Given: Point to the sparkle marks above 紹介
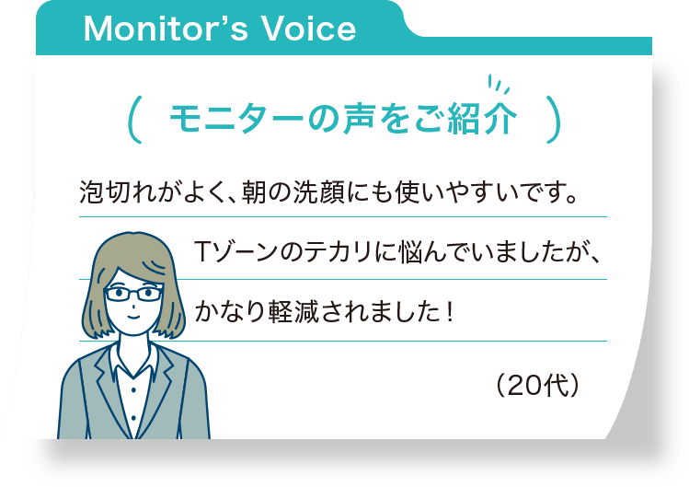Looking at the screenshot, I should pos(497,85).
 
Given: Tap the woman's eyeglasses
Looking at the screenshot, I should pos(133,295).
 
